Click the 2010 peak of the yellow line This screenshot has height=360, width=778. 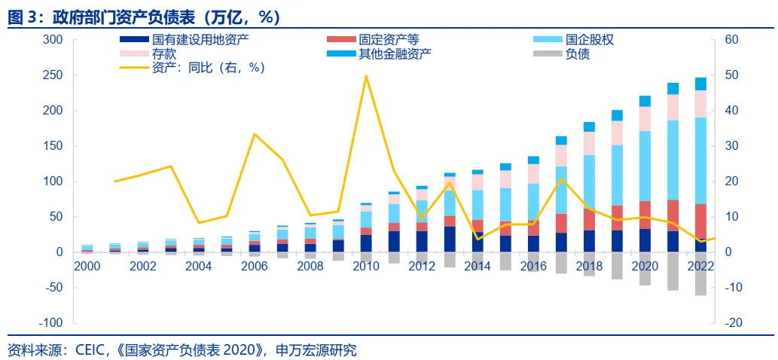click(x=366, y=75)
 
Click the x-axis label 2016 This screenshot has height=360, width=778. click(x=532, y=266)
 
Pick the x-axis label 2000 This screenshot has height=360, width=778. click(x=87, y=266)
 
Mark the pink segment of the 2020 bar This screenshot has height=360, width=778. click(x=645, y=118)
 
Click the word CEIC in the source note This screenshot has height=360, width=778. click(x=91, y=349)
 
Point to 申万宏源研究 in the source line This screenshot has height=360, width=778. click(x=317, y=349)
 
